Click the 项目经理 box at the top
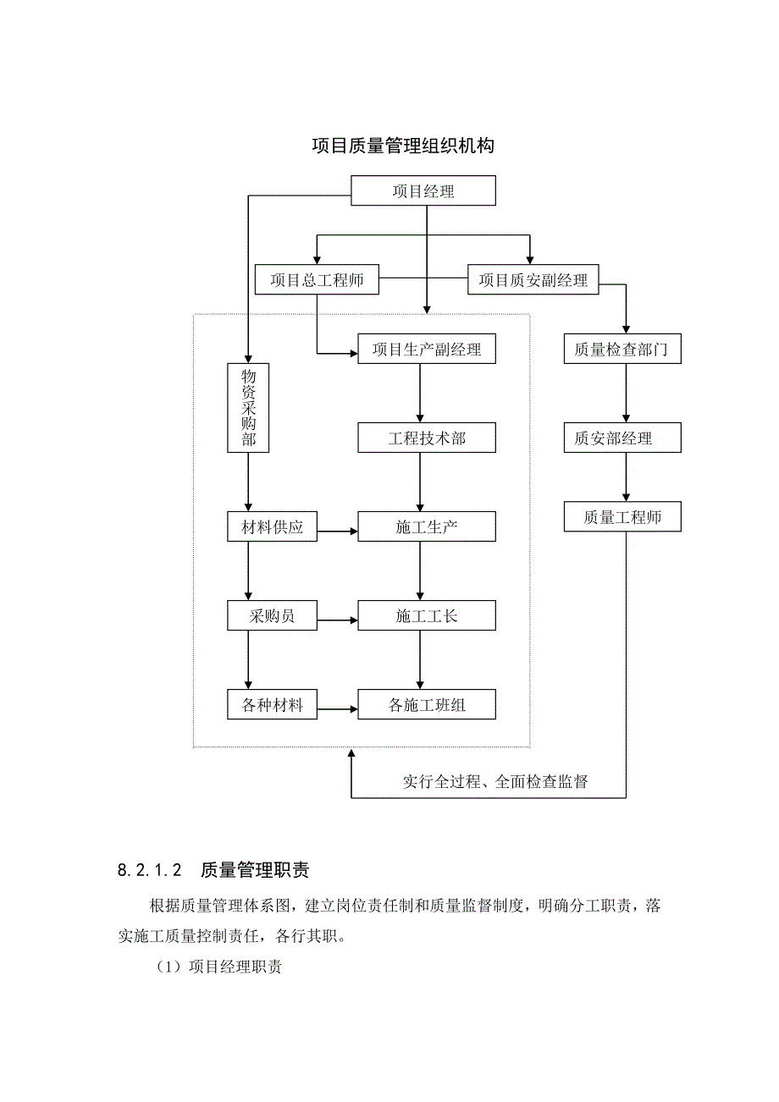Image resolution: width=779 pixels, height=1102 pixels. [423, 190]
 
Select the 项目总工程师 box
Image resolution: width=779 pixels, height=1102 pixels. [317, 280]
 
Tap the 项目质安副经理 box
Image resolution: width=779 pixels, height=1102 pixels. [533, 280]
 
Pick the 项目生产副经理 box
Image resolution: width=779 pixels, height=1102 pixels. [427, 350]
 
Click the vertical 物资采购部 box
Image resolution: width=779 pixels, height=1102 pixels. [248, 407]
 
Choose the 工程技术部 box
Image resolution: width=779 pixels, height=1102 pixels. [427, 438]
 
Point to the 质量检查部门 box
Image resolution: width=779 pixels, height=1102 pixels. [622, 350]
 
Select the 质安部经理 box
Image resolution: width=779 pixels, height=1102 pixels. [622, 438]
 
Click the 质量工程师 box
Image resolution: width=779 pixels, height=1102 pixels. [622, 517]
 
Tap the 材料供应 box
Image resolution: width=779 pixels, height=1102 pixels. [272, 527]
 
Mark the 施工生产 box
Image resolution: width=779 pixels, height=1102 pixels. [427, 527]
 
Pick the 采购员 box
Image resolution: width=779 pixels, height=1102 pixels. [272, 615]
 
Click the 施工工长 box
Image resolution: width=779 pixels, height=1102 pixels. [427, 615]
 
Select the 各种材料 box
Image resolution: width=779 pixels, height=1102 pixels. [272, 704]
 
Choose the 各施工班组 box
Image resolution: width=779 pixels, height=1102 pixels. [427, 704]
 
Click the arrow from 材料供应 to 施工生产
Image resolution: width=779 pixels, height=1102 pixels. [337, 532]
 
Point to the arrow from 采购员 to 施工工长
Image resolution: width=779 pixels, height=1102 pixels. [337, 620]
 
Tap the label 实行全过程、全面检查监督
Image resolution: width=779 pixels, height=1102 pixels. [495, 781]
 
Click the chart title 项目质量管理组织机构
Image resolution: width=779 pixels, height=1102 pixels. [403, 146]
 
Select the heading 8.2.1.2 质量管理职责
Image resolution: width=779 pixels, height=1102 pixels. [214, 869]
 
